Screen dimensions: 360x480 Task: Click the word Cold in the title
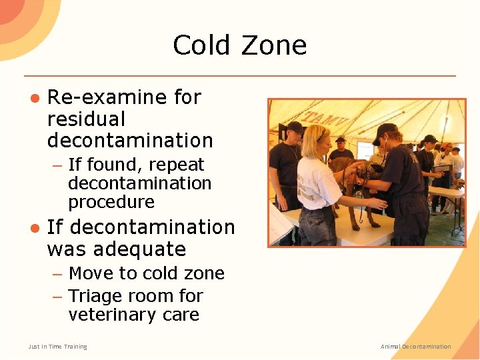[199, 45]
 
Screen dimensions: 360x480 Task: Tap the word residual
[86, 119]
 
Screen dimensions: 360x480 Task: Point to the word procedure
[111, 202]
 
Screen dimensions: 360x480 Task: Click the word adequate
[116, 249]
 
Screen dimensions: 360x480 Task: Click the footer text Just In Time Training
[58, 347]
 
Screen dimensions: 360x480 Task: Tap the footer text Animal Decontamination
[415, 347]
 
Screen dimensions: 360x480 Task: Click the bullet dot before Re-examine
[34, 98]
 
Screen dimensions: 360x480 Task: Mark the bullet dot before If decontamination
[34, 228]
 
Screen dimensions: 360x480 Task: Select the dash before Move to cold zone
[58, 274]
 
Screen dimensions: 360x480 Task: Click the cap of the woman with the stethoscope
[385, 129]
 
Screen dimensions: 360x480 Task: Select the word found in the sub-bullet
[113, 165]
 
